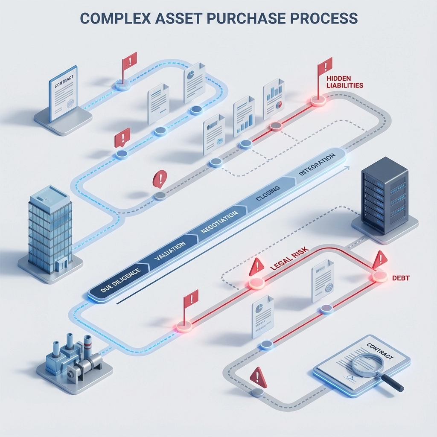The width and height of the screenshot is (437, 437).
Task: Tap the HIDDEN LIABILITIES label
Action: click(x=344, y=82)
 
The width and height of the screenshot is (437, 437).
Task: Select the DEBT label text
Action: click(x=401, y=278)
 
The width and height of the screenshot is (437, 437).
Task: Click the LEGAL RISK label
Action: click(x=289, y=260)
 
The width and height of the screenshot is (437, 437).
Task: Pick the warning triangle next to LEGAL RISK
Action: click(x=256, y=267)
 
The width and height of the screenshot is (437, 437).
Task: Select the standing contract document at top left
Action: click(x=63, y=93)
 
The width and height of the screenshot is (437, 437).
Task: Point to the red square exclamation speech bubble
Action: click(x=122, y=138)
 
